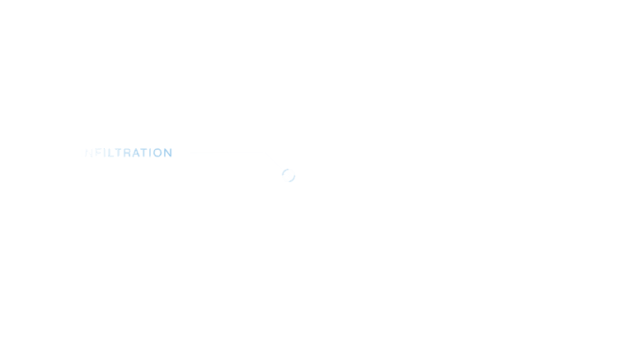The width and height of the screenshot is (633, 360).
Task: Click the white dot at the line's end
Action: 288,175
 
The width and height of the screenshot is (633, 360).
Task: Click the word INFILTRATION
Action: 126,152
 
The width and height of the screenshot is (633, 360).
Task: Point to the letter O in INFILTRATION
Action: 156,152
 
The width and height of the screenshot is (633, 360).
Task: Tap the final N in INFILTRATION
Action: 167,152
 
